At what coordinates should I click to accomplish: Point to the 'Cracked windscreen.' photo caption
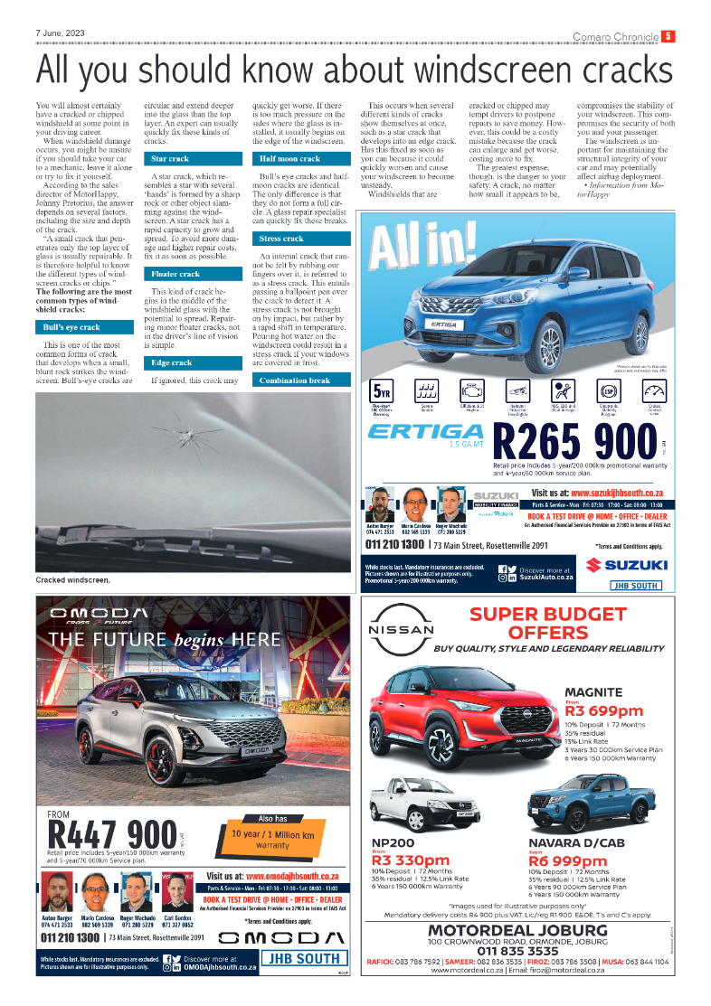click(73, 579)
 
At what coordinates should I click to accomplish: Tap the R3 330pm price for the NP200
click(411, 860)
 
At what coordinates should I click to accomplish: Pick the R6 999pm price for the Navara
click(568, 860)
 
